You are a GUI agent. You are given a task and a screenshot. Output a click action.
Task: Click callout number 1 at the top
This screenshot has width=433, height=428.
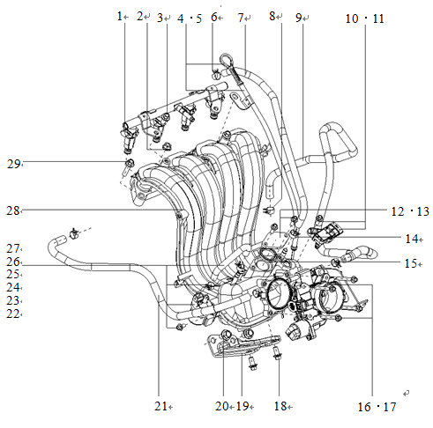coord(121,17)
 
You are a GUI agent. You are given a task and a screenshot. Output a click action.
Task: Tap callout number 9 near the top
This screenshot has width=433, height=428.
coord(298,17)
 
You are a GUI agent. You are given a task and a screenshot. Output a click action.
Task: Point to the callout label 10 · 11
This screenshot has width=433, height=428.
coord(365,18)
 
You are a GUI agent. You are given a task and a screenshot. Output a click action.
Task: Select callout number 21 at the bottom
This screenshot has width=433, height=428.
coord(159,406)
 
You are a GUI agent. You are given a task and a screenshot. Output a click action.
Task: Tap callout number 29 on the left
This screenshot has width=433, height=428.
coord(12,163)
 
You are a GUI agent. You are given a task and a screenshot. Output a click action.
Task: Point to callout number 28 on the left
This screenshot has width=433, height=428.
coord(12,210)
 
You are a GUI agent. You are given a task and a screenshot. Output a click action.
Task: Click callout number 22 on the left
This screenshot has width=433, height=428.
coord(12,314)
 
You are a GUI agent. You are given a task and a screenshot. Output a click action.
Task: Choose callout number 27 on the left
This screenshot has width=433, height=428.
coord(12,248)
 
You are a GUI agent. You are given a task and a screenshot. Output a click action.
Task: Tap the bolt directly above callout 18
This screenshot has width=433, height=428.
coord(276,354)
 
